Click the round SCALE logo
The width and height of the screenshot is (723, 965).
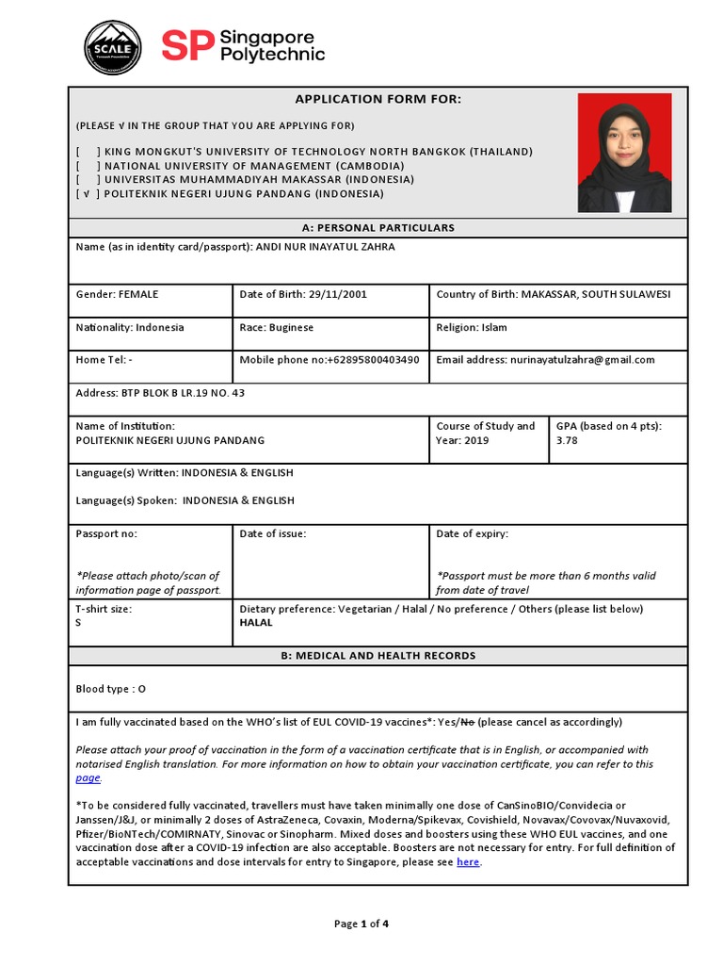tap(113, 48)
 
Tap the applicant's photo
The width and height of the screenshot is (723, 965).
tap(624, 152)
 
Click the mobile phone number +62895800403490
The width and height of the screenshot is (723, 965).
tap(373, 359)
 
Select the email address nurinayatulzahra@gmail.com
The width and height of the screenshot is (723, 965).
tap(581, 359)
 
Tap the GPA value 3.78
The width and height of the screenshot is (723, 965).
tap(568, 440)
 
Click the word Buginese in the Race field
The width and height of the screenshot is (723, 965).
tap(291, 327)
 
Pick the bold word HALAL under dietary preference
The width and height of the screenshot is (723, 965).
tap(256, 623)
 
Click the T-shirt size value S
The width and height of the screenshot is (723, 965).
tap(78, 623)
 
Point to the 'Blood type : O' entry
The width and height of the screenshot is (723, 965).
tap(111, 689)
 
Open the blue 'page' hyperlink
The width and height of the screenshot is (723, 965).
tap(88, 778)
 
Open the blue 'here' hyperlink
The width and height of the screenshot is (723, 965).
tap(468, 862)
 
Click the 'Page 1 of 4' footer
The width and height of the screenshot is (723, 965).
tap(361, 924)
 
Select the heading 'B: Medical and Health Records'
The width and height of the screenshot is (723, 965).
tap(378, 656)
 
